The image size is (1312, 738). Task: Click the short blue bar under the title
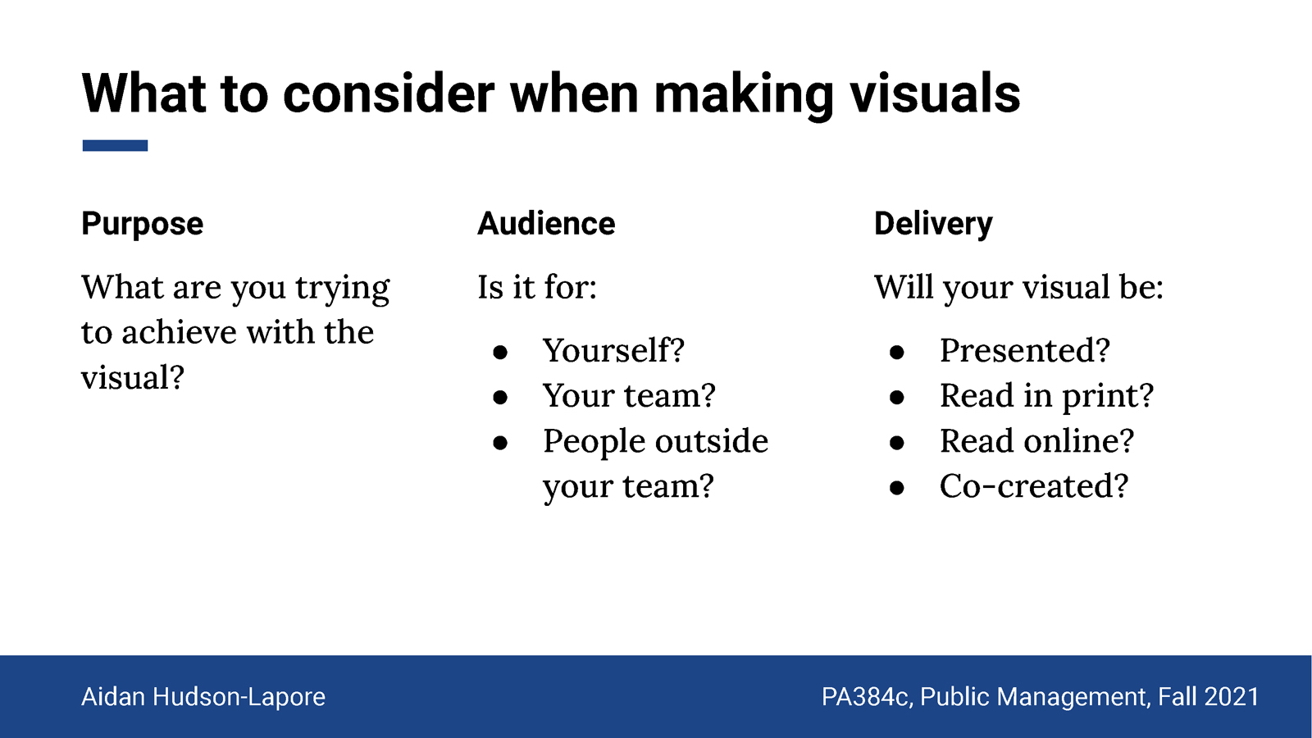coord(115,145)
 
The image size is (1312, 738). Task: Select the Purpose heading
coord(143,225)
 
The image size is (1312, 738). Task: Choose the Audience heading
coord(546,224)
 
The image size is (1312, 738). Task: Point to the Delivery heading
coord(933,225)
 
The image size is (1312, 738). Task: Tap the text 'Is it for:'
coord(537,287)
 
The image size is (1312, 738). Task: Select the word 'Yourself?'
coord(613,349)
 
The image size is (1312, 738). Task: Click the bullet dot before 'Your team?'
coord(500,398)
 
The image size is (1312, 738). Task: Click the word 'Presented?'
coord(1024,349)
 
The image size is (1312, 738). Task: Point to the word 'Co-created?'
coord(1034,485)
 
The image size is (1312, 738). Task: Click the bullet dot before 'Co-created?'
coord(897,488)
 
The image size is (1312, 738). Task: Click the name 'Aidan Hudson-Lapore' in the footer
coord(203,697)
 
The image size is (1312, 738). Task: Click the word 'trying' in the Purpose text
coord(342,288)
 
